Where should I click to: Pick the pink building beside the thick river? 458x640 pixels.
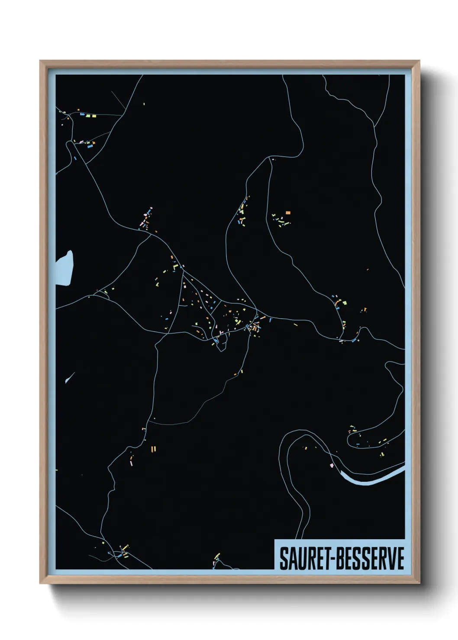click(x=332, y=465)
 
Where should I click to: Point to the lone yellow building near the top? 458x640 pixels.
click(x=144, y=104)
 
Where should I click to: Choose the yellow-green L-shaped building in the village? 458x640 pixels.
click(x=175, y=267)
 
